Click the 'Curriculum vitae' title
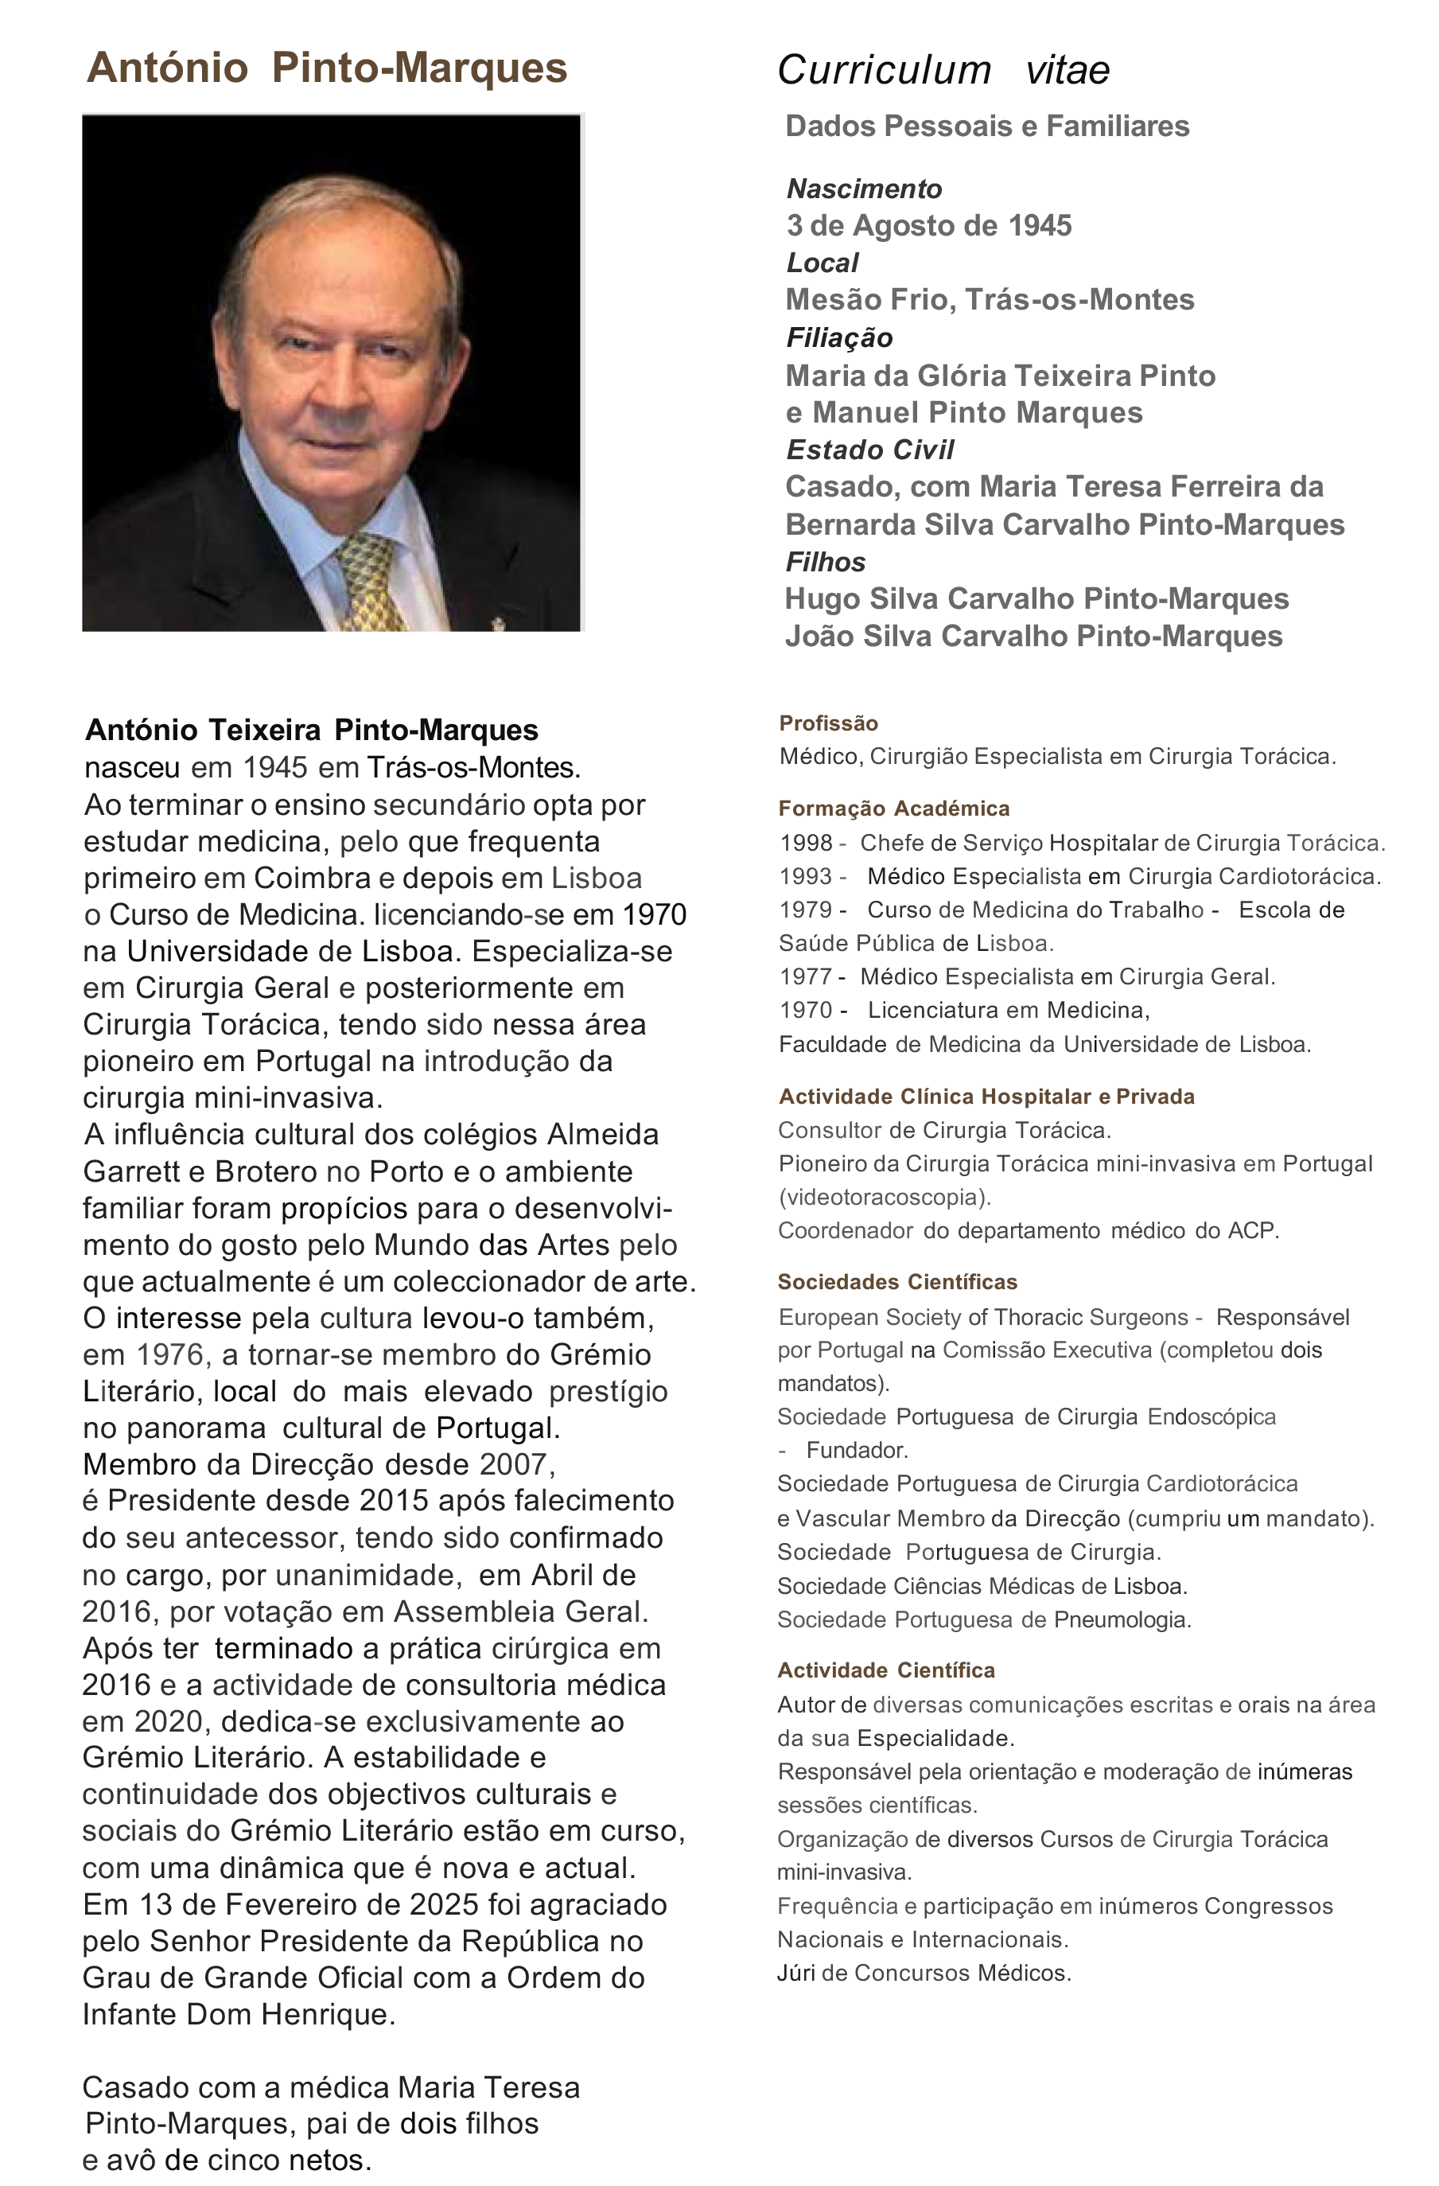[x=943, y=71]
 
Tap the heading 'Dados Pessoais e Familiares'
[x=987, y=126]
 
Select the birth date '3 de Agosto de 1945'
[x=928, y=226]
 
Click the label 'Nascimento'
[x=864, y=189]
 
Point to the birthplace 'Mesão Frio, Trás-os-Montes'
[x=989, y=299]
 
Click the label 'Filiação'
[x=838, y=338]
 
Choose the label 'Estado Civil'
[x=869, y=450]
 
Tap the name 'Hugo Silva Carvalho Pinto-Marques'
[x=1036, y=599]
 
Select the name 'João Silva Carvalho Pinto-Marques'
[x=1033, y=637]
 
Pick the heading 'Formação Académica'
[x=893, y=809]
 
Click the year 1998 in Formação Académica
[x=805, y=844]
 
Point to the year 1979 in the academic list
[x=805, y=910]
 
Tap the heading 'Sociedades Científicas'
[x=897, y=1282]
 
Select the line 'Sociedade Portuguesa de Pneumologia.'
[x=983, y=1620]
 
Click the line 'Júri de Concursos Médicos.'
[x=924, y=1973]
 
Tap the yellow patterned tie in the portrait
[x=368, y=583]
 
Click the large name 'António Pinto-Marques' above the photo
[x=326, y=69]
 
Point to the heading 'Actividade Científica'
[x=886, y=1670]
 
